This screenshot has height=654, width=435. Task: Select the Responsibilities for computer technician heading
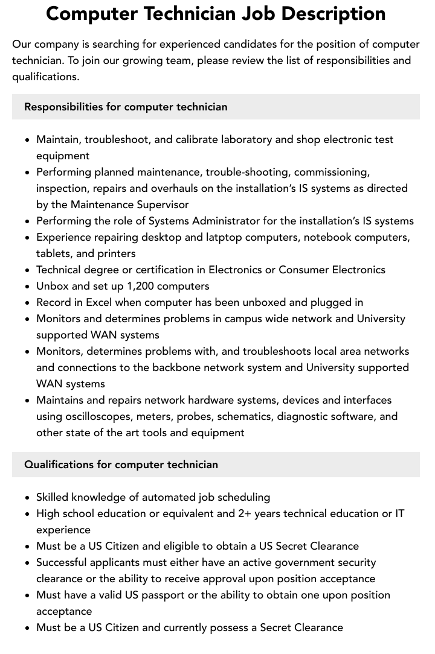[x=126, y=107]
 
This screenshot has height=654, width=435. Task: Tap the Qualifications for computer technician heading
[x=121, y=465]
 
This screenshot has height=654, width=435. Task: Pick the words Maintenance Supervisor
[x=129, y=205]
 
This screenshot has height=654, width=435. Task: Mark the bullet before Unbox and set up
[x=28, y=287]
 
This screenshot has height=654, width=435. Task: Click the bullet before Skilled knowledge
[x=28, y=498]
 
